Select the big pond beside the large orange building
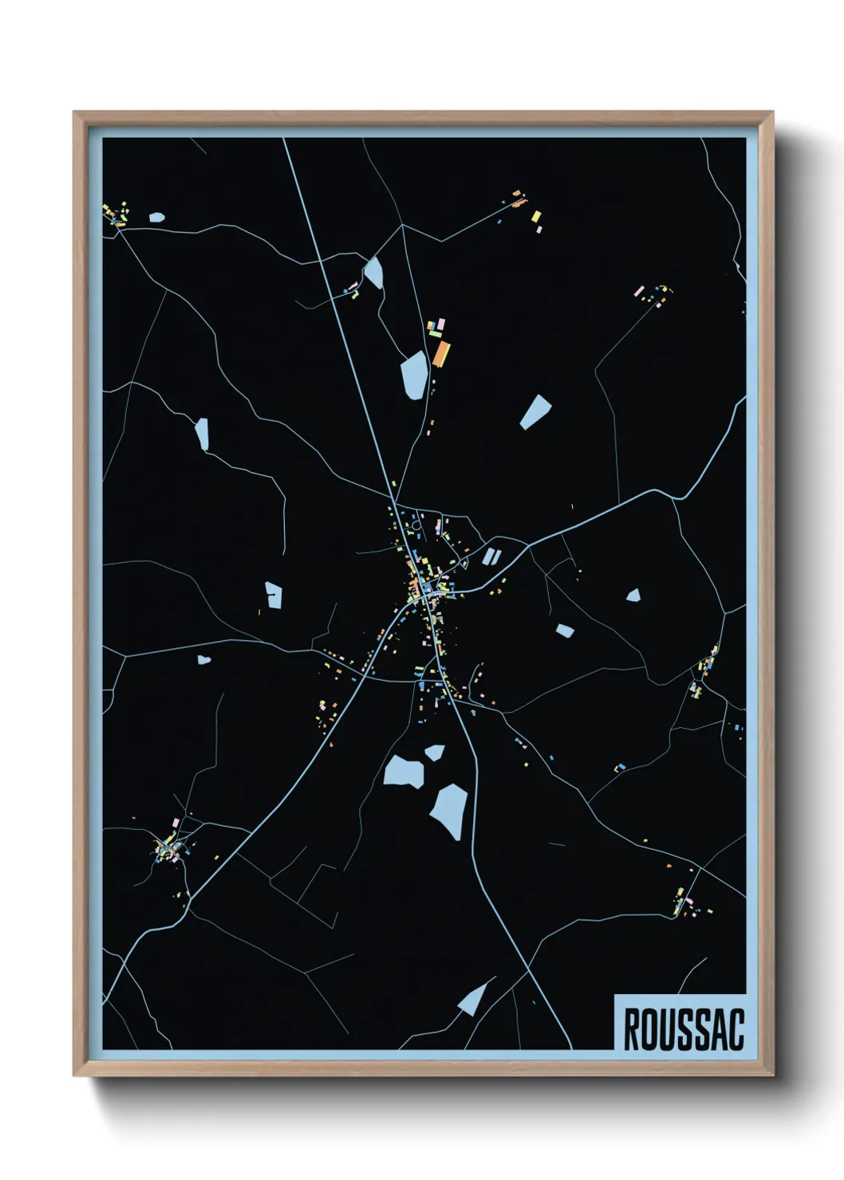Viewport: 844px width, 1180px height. tap(415, 374)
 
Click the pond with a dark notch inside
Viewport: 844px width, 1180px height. tap(274, 595)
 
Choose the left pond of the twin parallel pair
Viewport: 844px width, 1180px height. tap(487, 556)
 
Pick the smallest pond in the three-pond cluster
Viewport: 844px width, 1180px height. tap(435, 752)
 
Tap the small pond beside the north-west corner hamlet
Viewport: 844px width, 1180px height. tap(156, 217)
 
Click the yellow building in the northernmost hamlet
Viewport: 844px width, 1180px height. tap(536, 216)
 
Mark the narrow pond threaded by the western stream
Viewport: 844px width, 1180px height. tap(202, 434)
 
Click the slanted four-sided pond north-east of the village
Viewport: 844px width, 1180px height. tap(535, 411)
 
